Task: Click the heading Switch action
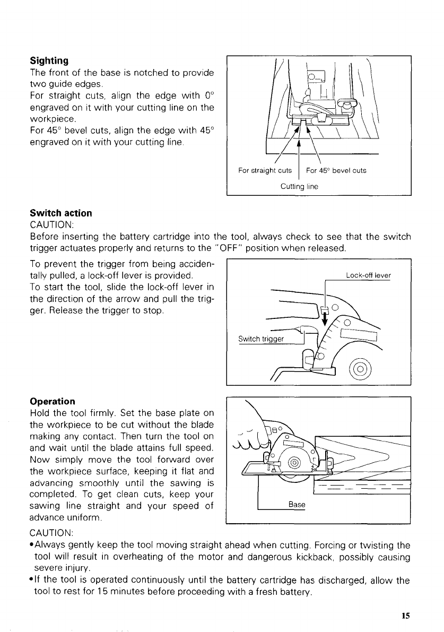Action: click(x=61, y=213)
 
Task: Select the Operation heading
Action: click(x=53, y=401)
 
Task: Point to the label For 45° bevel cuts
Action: click(x=336, y=171)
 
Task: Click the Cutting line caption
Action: click(x=299, y=186)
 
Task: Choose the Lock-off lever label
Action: click(x=368, y=275)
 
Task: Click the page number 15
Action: click(x=406, y=616)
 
